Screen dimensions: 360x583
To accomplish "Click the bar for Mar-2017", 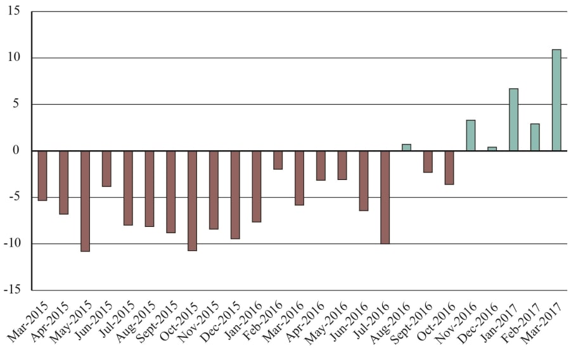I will tap(556, 100).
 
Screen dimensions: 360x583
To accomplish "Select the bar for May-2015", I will tap(85, 201).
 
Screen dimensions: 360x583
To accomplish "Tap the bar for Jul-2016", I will tap(385, 197).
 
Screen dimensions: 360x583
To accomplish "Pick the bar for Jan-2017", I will tap(513, 120).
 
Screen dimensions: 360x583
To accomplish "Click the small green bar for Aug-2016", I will tap(406, 148).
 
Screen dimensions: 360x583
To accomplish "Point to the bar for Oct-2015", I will tap(192, 200).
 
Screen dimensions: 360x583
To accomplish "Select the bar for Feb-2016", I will tap(278, 160).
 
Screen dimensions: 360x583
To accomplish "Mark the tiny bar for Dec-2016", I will tap(492, 149).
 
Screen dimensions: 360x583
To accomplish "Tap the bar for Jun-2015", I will tap(106, 169).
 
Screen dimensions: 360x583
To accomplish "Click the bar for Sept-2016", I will tap(428, 162).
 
